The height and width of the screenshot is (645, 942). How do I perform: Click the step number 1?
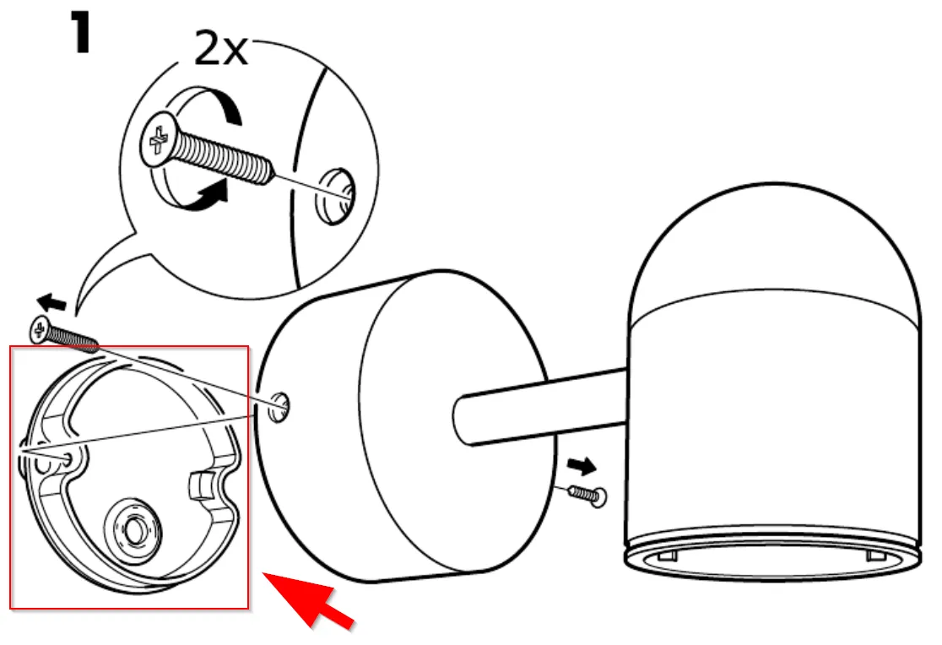tap(80, 33)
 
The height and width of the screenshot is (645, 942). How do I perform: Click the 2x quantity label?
tap(221, 49)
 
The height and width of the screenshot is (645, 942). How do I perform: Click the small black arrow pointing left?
tap(51, 301)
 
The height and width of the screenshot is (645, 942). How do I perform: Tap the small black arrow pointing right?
tap(582, 465)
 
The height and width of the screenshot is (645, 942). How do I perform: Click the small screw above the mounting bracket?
tap(63, 334)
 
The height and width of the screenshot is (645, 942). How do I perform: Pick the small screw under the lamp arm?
tap(587, 495)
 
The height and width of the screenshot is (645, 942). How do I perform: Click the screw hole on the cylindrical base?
tap(279, 407)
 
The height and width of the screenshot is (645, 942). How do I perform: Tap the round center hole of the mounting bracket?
tap(134, 530)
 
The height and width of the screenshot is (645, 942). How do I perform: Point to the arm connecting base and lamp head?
tap(541, 408)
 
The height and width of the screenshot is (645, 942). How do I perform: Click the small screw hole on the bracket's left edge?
tap(67, 460)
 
